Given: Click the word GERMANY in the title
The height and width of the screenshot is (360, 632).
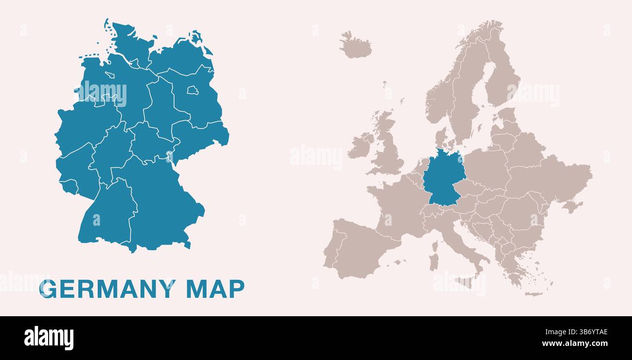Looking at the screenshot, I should coord(107,289).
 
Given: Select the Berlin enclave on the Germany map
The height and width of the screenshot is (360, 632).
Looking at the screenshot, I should coord(193,90).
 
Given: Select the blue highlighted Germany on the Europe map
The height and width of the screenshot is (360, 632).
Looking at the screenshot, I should coord(443,178).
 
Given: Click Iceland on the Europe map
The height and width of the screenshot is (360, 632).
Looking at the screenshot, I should coord(355,46).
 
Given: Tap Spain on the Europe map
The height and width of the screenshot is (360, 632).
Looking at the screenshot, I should coord(362,248).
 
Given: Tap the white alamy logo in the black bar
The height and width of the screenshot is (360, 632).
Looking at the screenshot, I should coord(49,338).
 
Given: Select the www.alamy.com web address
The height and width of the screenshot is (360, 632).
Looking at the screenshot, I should coord(575,343).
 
